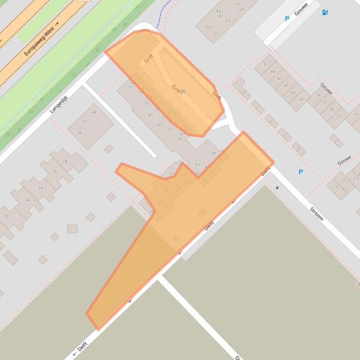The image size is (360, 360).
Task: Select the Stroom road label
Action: (x=317, y=212)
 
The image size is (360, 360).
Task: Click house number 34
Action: (x=94, y=112)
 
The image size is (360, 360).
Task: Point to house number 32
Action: (x=84, y=122)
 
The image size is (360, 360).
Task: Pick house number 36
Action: (x=80, y=133)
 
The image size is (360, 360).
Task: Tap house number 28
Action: (x=65, y=162)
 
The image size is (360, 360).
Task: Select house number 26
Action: (x=54, y=172)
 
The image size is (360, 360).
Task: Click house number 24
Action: (x=40, y=188)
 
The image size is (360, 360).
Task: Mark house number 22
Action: (x=27, y=199)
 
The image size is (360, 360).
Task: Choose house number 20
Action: (x=6, y=216)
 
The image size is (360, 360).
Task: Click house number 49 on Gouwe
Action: (x=273, y=72)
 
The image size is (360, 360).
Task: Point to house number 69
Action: (x=242, y=9)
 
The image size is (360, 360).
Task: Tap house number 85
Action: (x=150, y=115)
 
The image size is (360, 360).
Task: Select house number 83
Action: (x=160, y=125)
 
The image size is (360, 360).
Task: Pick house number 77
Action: (x=131, y=87)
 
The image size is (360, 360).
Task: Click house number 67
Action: (x=171, y=130)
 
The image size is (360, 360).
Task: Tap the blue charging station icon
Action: (x=325, y=13)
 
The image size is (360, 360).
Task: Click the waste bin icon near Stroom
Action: (x=278, y=187)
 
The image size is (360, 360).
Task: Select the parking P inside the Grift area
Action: (x=183, y=92)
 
